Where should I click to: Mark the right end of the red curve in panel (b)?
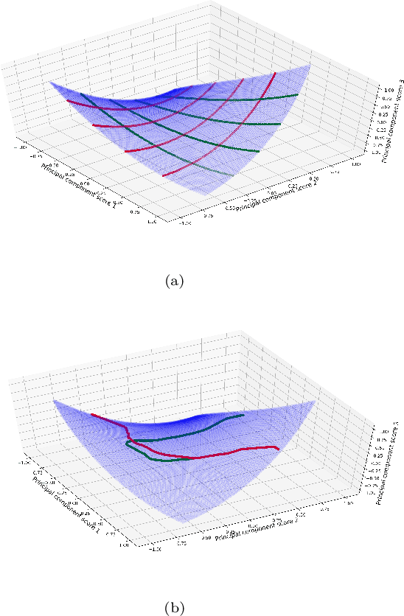(x=278, y=448)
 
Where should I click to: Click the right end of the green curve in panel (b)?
(x=243, y=416)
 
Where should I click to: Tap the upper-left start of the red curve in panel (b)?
(x=91, y=415)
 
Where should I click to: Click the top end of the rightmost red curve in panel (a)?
(x=275, y=73)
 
